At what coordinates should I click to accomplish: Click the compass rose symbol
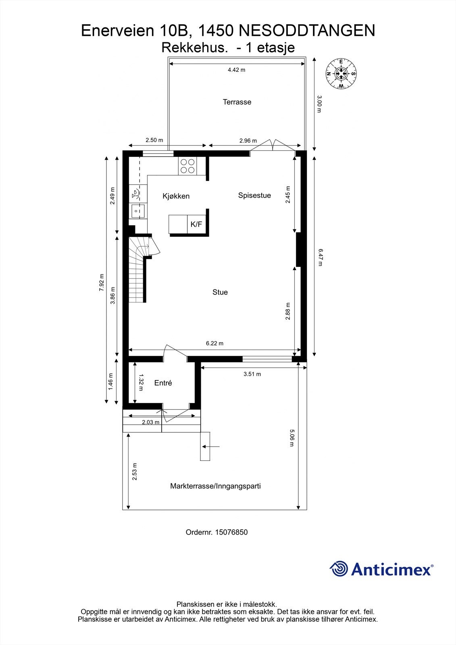coord(341,73)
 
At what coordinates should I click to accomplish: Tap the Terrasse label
coord(237,102)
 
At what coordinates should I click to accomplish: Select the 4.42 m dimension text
coord(236,70)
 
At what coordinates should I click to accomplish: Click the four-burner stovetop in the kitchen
coord(187,166)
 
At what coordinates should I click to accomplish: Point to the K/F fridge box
coord(196,224)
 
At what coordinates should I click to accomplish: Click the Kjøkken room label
coord(176,196)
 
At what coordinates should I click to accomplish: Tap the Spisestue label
coord(254,196)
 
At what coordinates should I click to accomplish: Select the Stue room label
coord(220,292)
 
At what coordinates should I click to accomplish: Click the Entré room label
coord(163,383)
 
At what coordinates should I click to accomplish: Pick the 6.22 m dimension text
coord(214,343)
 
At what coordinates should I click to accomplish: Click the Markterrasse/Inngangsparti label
coord(215,486)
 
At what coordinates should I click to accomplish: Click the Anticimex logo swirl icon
coord(339,569)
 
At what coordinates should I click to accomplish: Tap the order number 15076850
coord(231,532)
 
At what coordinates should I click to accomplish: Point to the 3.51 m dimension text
coord(252,374)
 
